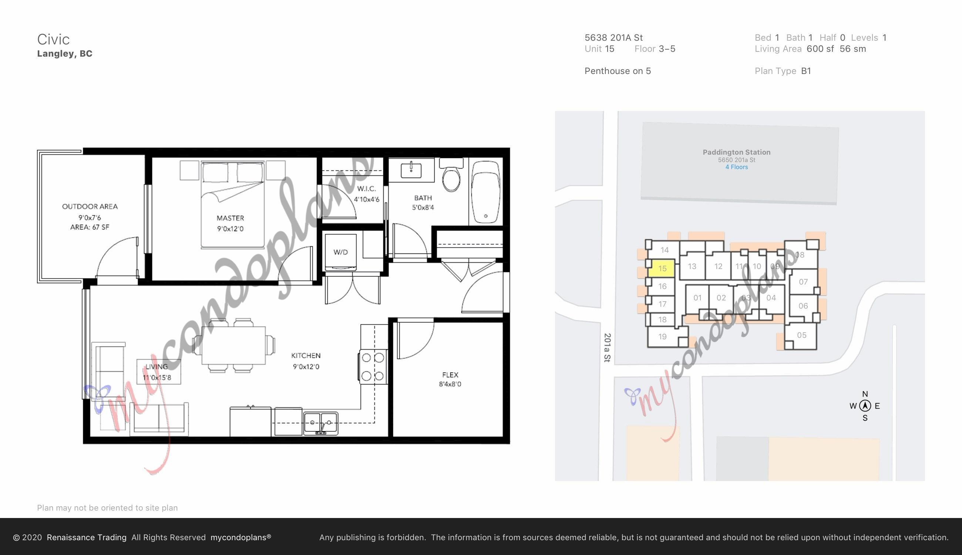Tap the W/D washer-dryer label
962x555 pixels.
(340, 252)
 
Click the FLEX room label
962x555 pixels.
(450, 375)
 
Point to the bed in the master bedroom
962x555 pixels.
(232, 205)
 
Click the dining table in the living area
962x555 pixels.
(233, 345)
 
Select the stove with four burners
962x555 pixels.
(373, 367)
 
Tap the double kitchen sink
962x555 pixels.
(320, 423)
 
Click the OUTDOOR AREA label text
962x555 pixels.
(90, 206)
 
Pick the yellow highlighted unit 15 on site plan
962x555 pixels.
(662, 268)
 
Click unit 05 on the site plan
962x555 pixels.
(801, 335)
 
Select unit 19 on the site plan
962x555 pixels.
(662, 337)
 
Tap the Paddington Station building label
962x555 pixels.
(736, 152)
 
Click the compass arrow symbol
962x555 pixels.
(865, 406)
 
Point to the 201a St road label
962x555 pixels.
(607, 348)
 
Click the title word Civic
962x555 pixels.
(53, 39)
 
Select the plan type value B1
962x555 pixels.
(806, 71)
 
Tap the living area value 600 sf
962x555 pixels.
(820, 49)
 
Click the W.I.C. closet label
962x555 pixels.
(366, 189)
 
